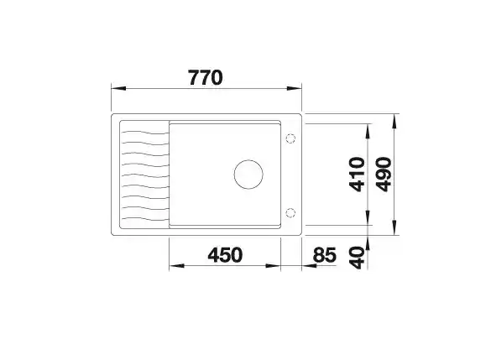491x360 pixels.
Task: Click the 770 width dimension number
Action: [x=206, y=78]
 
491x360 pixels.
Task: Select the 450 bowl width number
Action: [x=225, y=255]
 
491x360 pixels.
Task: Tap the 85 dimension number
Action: [x=325, y=255]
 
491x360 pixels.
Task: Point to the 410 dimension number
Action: [x=357, y=174]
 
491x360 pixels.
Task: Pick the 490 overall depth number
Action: [x=384, y=174]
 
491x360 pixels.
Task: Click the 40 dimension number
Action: [x=358, y=258]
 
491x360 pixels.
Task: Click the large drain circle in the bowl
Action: [x=248, y=174]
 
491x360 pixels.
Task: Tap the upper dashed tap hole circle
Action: [x=290, y=138]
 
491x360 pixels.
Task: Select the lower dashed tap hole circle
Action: [x=290, y=213]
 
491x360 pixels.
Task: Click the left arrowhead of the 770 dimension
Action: [x=118, y=88]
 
